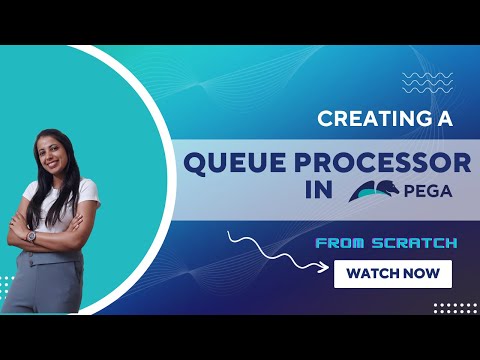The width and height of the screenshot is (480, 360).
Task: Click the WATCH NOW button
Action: pos(393,273)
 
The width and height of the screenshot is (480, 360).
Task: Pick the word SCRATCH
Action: pos(419,242)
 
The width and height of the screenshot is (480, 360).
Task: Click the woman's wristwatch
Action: pos(32,235)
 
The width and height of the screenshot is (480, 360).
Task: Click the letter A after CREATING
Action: pos(445,119)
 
